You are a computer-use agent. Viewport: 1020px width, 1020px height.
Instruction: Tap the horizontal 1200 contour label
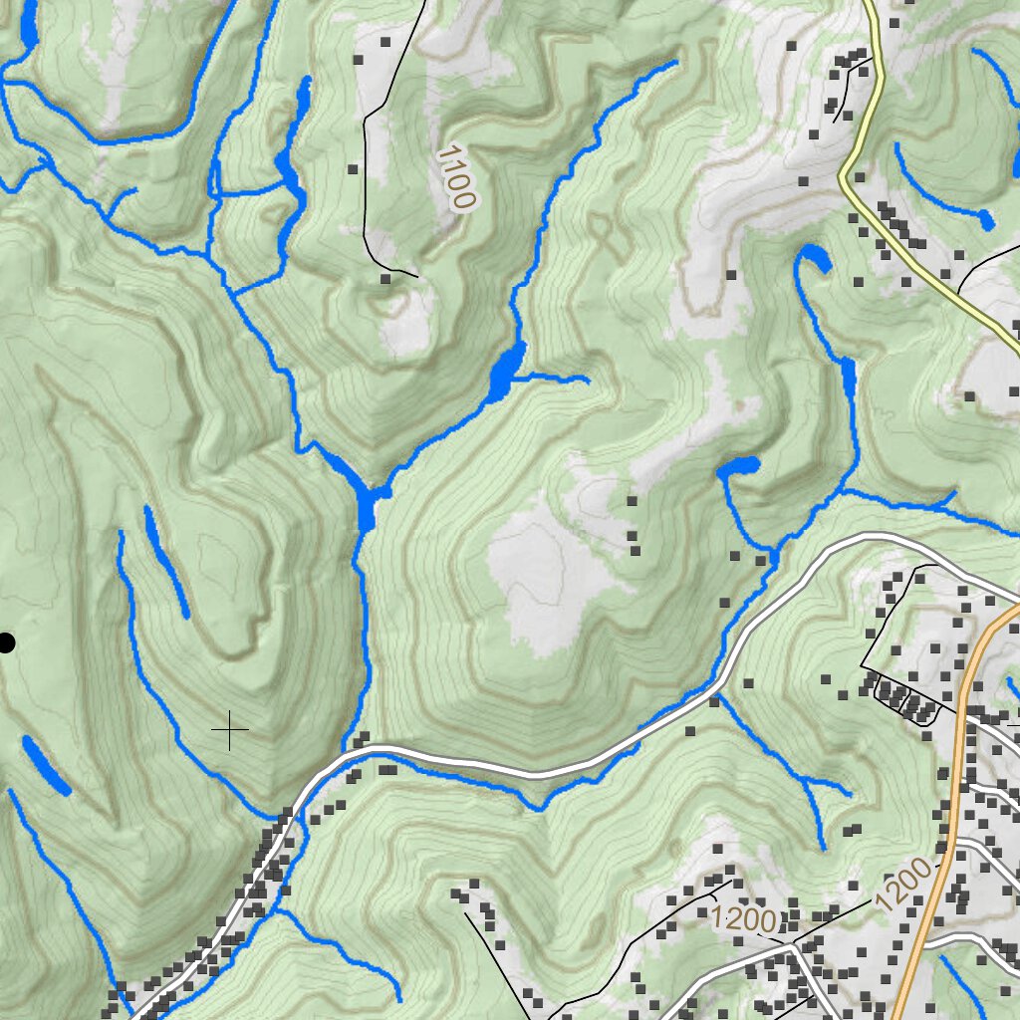(x=745, y=919)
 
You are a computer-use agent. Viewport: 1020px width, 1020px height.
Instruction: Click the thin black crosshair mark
(x=230, y=731)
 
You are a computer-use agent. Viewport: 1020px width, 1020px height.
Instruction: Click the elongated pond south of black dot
(x=45, y=767)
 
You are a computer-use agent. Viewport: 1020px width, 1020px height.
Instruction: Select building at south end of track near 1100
(x=385, y=280)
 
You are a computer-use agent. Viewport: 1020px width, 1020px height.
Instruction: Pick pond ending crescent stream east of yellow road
(x=985, y=219)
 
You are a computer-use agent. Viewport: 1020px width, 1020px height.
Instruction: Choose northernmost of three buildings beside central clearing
(x=632, y=501)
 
